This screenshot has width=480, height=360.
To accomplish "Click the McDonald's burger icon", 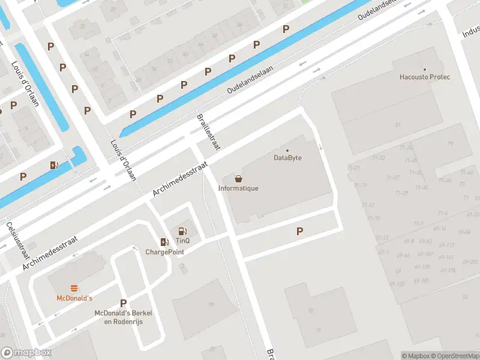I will (74, 288).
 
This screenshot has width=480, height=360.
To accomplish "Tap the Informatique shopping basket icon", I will (239, 178).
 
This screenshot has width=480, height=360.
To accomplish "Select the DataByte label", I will (287, 158).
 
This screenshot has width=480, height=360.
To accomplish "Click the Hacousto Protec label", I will (425, 77).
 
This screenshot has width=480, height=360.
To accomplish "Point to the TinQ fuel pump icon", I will (182, 231).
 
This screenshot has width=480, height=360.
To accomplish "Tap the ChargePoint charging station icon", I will (164, 242).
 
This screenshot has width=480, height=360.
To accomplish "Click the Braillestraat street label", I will (209, 132).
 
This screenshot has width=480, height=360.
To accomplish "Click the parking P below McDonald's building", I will (124, 303).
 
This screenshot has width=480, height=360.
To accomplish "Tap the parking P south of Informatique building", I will (299, 231).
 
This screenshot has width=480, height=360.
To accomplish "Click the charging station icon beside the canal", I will (55, 165).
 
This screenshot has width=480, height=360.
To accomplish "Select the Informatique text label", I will (238, 188).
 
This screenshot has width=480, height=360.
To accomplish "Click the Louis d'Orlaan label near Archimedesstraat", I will (124, 160).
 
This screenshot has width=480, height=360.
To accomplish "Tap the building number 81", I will (397, 124).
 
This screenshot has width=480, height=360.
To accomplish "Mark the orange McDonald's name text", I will (74, 298).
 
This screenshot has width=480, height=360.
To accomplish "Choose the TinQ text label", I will (182, 241).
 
